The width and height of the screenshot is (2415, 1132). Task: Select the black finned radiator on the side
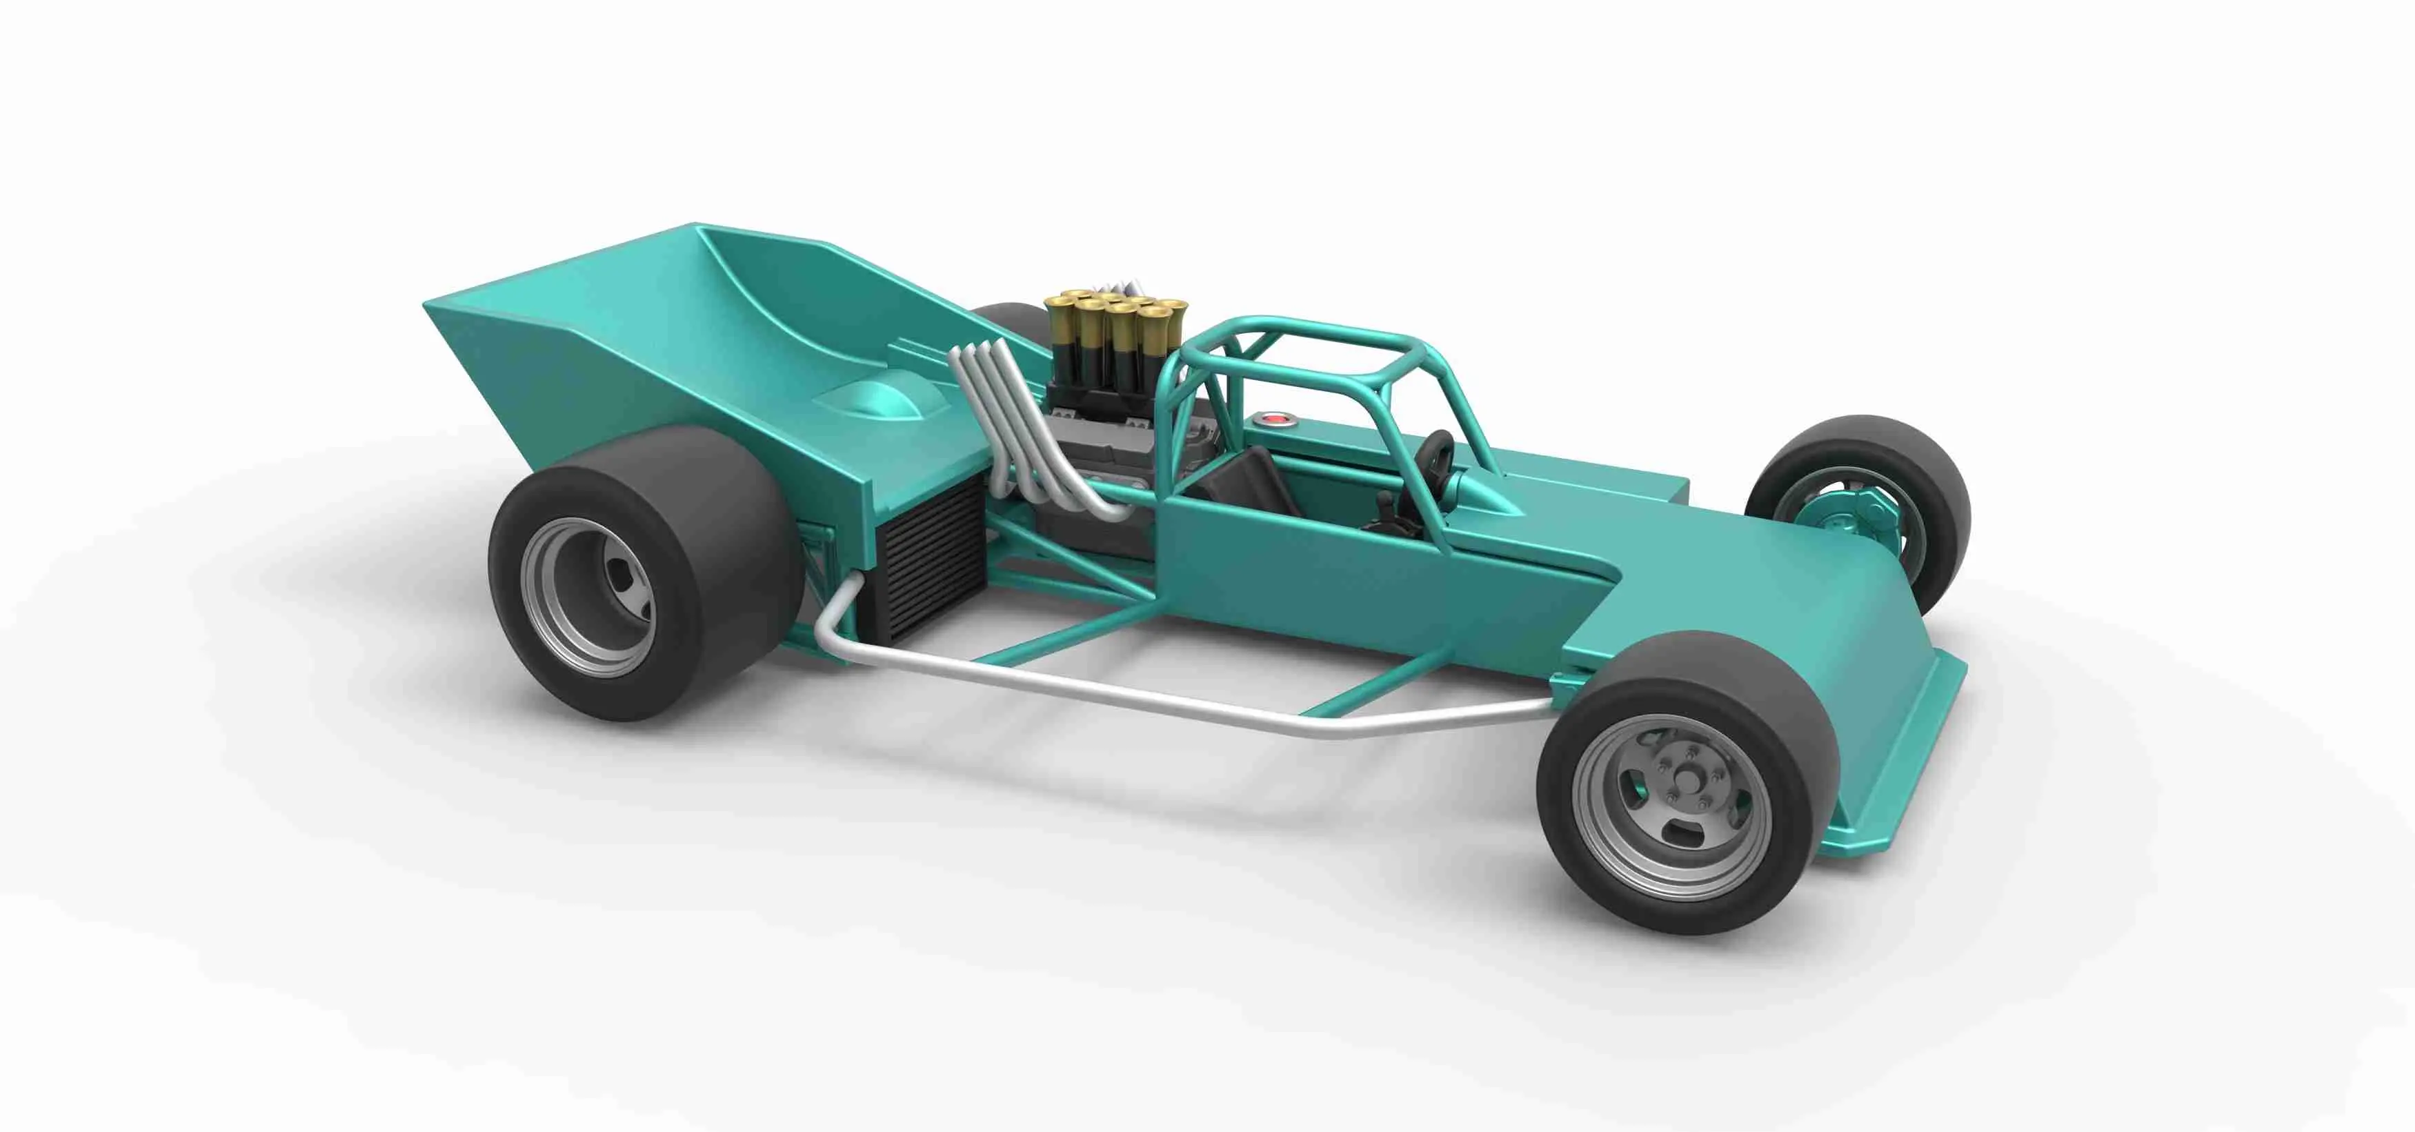pos(928,553)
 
